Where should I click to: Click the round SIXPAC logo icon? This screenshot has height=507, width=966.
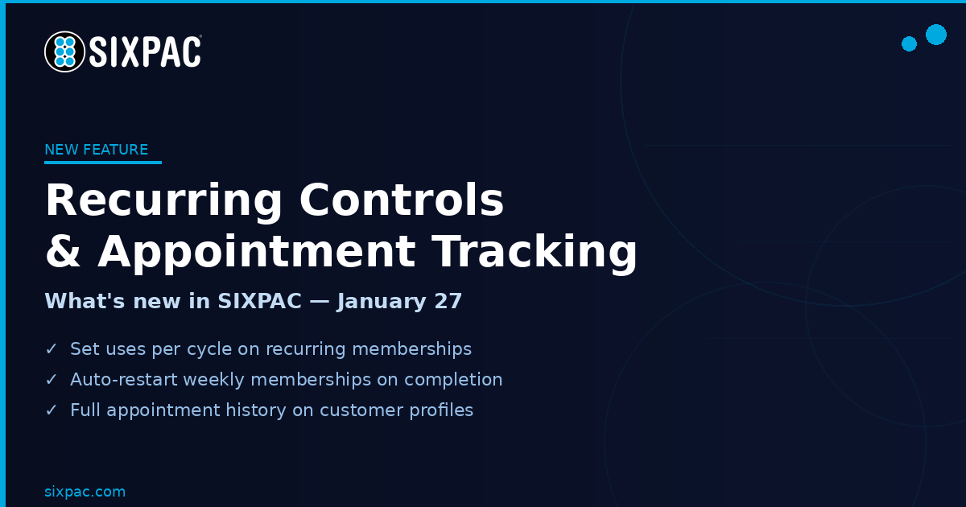tap(64, 52)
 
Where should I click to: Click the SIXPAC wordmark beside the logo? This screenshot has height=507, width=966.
tap(146, 52)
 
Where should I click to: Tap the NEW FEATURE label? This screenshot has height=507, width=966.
tap(96, 150)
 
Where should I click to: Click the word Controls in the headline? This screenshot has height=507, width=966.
tap(402, 200)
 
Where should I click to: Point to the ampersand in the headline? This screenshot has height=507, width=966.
tap(63, 251)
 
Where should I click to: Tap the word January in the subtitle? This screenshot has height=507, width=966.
tap(382, 301)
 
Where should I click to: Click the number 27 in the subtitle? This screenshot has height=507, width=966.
tap(448, 301)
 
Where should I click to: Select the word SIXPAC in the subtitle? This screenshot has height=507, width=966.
tap(259, 301)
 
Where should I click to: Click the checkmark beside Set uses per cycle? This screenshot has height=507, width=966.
tap(52, 348)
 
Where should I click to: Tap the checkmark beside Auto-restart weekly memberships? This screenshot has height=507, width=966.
tap(52, 379)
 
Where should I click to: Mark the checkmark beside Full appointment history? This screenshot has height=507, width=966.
tap(52, 410)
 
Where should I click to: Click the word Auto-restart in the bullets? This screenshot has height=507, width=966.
tap(124, 379)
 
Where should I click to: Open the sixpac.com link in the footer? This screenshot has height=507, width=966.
tap(85, 492)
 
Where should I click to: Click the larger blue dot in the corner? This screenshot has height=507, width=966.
tap(936, 35)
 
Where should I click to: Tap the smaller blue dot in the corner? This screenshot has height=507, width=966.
tap(909, 44)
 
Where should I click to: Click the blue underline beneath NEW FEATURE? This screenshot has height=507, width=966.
tap(103, 163)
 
